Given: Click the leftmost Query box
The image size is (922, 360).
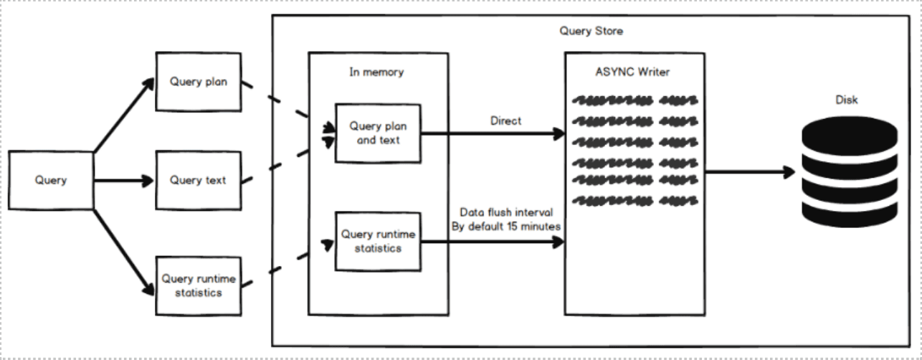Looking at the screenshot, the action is tap(51, 181).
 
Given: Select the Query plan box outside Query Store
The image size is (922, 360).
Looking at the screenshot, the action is tap(199, 82).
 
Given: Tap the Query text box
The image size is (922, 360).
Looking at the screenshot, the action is tap(199, 181).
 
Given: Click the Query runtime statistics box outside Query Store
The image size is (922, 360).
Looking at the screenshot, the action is tap(199, 286).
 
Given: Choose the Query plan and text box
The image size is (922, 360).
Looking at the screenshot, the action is tap(378, 133).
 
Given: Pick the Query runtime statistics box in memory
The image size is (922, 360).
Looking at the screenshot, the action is tap(378, 242).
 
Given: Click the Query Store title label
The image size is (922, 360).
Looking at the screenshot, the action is tap(591, 31).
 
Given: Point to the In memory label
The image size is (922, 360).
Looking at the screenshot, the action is tap(376, 72).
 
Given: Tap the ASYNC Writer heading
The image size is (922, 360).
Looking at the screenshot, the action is tap(632, 72).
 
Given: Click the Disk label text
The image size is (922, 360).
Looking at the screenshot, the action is tap(847, 100).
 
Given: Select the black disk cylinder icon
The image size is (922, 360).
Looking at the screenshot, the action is tap(850, 171).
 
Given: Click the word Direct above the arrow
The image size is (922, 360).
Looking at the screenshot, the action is tap(506, 120).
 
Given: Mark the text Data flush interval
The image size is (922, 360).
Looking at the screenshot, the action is tap(506, 212).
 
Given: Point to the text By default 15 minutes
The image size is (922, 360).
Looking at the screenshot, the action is tap(506, 227).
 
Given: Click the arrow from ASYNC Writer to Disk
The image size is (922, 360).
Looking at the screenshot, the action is tap(750, 172).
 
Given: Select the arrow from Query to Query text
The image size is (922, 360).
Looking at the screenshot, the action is tap(123, 181).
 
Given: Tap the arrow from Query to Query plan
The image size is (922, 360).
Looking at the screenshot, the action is tap(124, 115).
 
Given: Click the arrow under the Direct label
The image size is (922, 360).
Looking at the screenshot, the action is tap(493, 133).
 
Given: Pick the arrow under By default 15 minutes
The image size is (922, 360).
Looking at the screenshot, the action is tap(493, 242).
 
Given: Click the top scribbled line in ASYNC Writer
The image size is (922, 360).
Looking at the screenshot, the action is tap(635, 100).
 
